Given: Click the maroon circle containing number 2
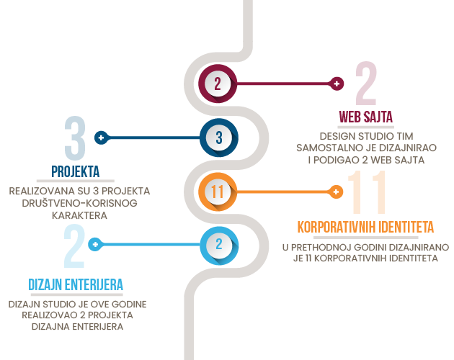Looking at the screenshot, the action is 218,84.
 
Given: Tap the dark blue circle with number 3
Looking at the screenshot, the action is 219,138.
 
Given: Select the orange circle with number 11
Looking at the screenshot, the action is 218,192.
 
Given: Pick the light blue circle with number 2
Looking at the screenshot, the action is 219,245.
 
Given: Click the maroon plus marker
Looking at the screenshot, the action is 337,84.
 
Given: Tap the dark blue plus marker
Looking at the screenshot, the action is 101,138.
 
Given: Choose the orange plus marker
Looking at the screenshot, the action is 336,192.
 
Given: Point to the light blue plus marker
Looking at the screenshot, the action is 95,245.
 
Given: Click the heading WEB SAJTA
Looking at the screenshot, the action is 365,117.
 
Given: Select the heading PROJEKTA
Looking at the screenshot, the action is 75,171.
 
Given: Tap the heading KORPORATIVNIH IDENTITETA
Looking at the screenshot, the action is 365,228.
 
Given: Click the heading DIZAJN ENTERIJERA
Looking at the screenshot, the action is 76,284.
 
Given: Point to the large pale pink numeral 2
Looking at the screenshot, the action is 366,84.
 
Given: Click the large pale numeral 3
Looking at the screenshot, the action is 75,138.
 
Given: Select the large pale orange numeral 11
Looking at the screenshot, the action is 367,192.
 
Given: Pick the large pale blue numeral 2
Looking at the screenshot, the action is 74,246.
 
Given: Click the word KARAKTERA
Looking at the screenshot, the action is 79,215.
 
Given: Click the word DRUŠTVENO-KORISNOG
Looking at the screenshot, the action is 79,203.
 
